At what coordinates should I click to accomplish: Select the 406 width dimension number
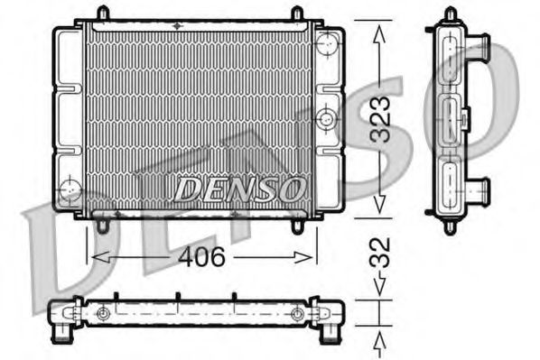click(200, 257)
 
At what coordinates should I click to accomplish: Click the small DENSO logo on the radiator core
click(238, 189)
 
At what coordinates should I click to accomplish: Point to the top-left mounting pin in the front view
click(102, 13)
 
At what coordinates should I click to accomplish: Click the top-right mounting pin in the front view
click(297, 13)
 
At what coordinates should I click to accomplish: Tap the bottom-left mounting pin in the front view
click(103, 224)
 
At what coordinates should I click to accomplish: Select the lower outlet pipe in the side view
click(480, 190)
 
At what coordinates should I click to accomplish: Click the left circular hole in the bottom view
click(104, 314)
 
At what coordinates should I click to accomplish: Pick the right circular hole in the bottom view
click(297, 314)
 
